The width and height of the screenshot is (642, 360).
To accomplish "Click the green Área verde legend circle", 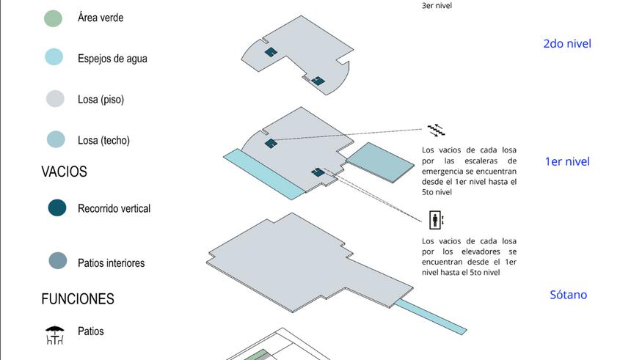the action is click(x=54, y=18).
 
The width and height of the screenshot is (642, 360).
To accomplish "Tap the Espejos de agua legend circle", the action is click(x=54, y=57).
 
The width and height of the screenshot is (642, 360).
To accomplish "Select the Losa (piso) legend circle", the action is click(x=55, y=98).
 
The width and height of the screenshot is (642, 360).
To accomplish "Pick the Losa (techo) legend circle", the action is click(x=56, y=139).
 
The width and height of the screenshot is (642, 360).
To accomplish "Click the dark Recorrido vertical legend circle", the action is click(x=57, y=207).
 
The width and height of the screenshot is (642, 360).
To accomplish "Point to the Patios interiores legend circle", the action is click(x=58, y=260).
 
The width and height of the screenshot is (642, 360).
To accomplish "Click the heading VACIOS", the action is click(x=65, y=172).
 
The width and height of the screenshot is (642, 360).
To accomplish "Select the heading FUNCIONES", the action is click(x=78, y=299).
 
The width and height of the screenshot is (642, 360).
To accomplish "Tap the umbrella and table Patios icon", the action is click(x=55, y=335).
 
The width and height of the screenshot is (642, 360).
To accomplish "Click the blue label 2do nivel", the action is click(x=567, y=43).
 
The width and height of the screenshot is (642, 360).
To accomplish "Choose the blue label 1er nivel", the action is click(x=567, y=161).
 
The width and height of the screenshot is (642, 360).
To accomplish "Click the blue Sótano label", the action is click(x=569, y=295).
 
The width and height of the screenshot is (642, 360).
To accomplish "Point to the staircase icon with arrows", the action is click(x=436, y=130).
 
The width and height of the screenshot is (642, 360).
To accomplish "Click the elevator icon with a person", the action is click(x=436, y=220).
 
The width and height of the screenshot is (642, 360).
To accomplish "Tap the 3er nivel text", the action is click(x=437, y=6).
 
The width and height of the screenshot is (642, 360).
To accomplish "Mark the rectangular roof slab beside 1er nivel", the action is click(x=380, y=163).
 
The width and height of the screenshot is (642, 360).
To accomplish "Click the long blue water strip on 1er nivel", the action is click(x=264, y=175).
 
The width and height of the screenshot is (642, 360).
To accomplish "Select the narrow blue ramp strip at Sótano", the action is click(x=430, y=317).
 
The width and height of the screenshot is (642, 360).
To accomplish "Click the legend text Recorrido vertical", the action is click(x=114, y=209).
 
